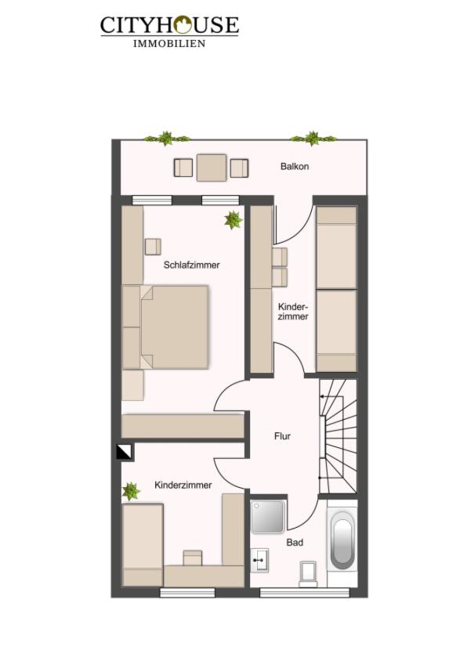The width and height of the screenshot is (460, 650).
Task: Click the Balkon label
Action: coord(295,167)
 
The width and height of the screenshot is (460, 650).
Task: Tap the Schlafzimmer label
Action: coord(192,265)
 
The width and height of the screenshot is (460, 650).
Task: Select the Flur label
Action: coord(282,436)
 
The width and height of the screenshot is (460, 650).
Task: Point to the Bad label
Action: coord(295,542)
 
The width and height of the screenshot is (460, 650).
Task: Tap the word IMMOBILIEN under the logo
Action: coord(169,44)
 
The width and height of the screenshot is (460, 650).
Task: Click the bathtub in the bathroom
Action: coord(342,540)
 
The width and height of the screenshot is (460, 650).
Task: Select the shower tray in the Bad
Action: coord(267,516)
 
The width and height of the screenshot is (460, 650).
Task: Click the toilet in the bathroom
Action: coord(309,573)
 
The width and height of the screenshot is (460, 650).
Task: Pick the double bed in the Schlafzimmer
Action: coord(172,327)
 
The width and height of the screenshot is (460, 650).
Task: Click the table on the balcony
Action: coord(212,167)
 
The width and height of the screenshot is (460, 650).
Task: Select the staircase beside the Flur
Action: coord(338,435)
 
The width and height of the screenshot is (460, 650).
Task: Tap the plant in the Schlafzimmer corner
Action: coord(233,220)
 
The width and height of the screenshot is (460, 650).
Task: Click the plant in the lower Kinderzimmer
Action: coord(131,492)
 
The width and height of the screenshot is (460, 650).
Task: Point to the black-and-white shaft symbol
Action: coord(124,452)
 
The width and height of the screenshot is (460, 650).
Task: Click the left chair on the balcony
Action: coord(183,168)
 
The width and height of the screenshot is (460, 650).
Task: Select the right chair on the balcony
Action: coord(239,168)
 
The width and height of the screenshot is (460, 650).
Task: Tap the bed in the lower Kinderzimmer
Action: coord(143,544)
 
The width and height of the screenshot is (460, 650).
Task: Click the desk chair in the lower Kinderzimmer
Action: coord(192,558)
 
